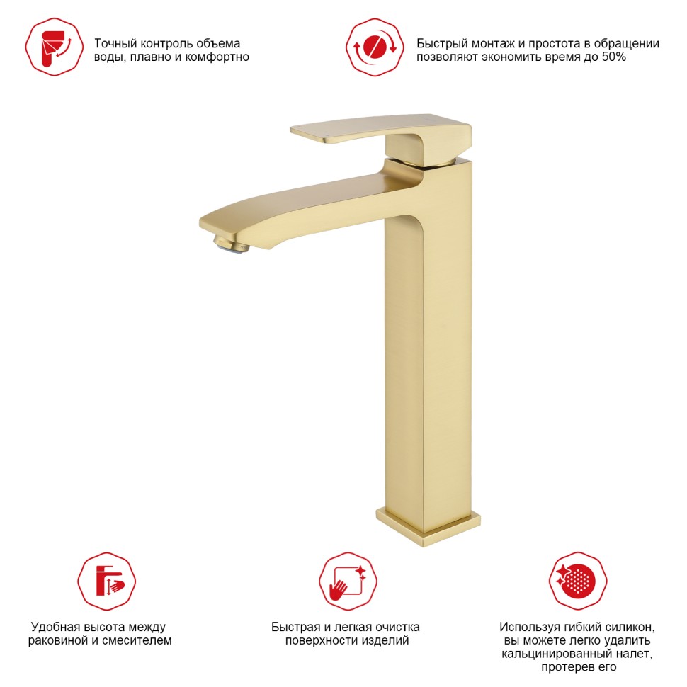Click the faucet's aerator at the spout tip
231,244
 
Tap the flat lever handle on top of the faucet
380,134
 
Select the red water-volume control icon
55,47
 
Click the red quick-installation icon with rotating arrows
375,47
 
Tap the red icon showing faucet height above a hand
106,581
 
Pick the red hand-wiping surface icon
348,581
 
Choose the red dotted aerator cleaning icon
578,581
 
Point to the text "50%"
614,57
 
